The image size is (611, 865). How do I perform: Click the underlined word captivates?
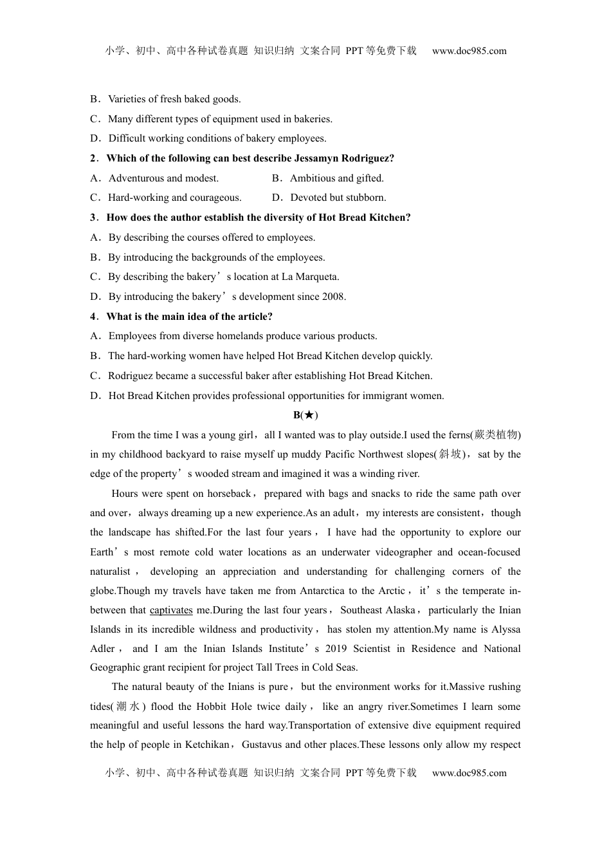coord(171,610)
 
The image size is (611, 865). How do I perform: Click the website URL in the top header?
coord(469,51)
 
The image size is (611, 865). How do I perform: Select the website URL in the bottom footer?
coord(469,773)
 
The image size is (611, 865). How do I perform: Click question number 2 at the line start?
coord(93,158)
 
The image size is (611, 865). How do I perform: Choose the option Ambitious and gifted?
coord(336,178)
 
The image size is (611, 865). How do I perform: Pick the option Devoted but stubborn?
coord(338,198)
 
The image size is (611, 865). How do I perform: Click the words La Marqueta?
coord(311,277)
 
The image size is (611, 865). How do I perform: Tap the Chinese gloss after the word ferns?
coord(496,435)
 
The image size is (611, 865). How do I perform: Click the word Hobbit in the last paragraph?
coord(211,706)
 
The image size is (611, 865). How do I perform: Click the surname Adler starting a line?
coord(102,649)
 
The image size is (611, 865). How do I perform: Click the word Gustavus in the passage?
coord(262,745)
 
